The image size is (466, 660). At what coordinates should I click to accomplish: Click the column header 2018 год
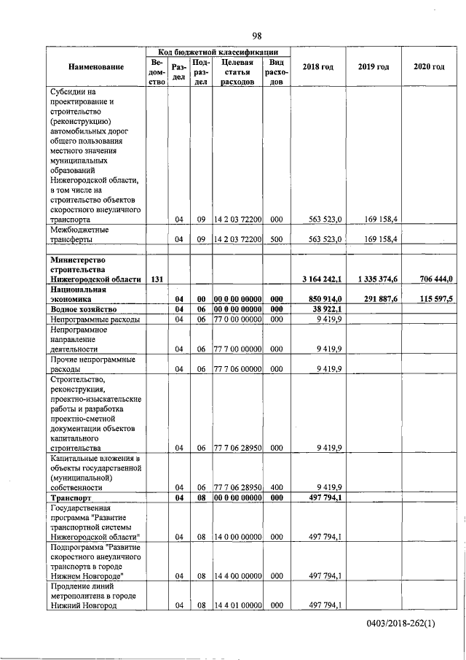317,67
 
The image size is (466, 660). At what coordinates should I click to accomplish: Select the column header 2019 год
373,67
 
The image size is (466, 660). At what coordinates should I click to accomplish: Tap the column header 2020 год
429,67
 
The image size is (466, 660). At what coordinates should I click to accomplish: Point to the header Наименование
96,67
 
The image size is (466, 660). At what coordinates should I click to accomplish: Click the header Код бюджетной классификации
218,51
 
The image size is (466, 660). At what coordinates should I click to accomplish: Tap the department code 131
156,279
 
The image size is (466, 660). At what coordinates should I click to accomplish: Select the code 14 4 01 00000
237,605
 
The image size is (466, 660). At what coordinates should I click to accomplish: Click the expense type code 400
276,487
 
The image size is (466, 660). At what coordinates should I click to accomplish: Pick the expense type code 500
276,238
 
